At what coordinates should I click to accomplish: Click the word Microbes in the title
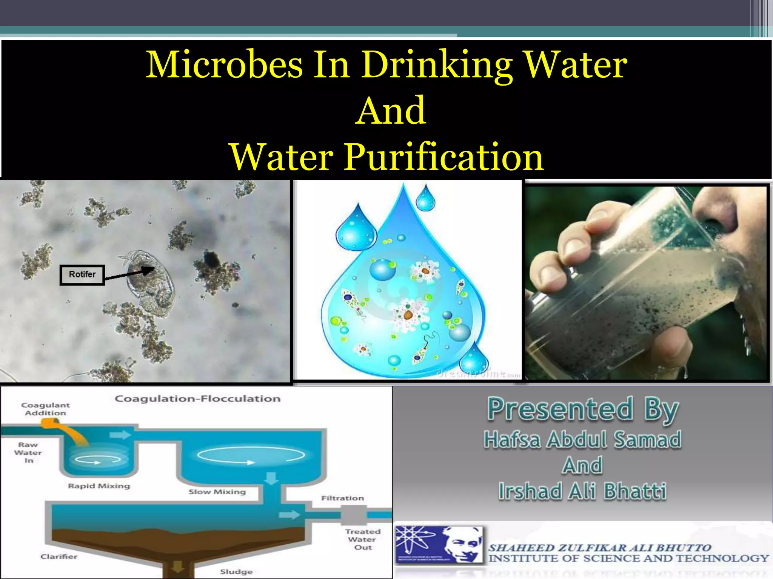click(224, 65)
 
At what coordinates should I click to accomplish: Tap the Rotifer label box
click(82, 275)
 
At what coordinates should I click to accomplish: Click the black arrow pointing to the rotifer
click(128, 274)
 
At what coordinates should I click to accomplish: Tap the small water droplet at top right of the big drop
click(425, 199)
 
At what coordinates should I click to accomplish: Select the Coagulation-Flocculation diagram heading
click(197, 399)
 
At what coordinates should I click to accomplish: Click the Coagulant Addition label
click(45, 409)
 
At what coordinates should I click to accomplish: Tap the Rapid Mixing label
click(99, 486)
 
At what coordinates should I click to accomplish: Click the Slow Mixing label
click(217, 492)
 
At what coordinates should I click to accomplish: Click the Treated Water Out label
click(363, 539)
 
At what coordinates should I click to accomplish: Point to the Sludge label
click(236, 572)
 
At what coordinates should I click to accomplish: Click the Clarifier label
click(59, 557)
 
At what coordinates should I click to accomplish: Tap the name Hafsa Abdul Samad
click(582, 440)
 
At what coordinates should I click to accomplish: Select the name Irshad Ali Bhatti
click(582, 491)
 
